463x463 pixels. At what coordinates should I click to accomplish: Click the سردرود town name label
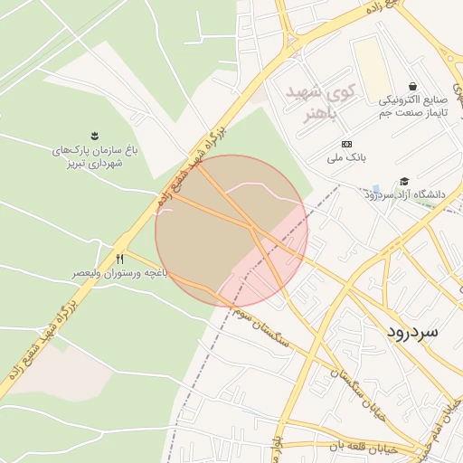pyautogui.click(x=411, y=332)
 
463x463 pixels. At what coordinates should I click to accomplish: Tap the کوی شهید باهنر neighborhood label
pyautogui.click(x=320, y=100)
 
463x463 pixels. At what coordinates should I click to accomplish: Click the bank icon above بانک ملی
pyautogui.click(x=345, y=144)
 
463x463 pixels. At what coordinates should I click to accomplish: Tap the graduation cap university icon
pyautogui.click(x=404, y=182)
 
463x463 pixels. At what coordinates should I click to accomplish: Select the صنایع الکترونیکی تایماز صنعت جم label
pyautogui.click(x=412, y=104)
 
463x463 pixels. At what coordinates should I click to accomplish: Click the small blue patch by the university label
pyautogui.click(x=375, y=189)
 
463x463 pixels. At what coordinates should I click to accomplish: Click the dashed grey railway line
pyautogui.click(x=203, y=362)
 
